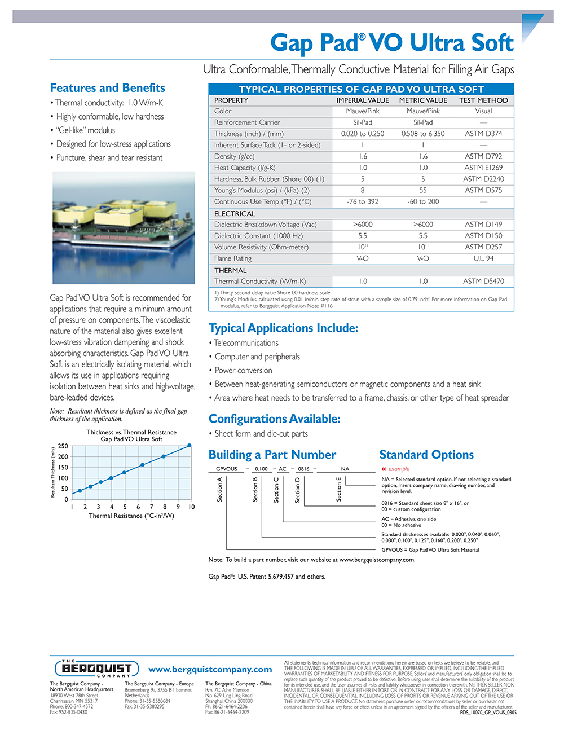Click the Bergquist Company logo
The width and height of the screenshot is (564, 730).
pyautogui.click(x=96, y=669)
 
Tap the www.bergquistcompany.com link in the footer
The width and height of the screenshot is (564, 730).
pyautogui.click(x=210, y=669)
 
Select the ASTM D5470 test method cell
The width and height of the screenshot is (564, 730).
pyautogui.click(x=483, y=281)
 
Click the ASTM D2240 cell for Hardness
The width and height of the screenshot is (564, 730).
pyautogui.click(x=483, y=179)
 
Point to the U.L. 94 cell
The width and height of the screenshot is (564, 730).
pyautogui.click(x=483, y=258)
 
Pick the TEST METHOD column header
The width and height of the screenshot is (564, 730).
pyautogui.click(x=483, y=100)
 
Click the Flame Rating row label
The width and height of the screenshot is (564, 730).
pyautogui.click(x=233, y=258)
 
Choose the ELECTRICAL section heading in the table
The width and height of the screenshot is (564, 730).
pyautogui.click(x=235, y=214)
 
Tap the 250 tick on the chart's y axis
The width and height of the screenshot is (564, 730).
pyautogui.click(x=63, y=446)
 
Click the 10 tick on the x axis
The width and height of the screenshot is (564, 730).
pyautogui.click(x=191, y=507)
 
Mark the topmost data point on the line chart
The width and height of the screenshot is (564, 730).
pyautogui.click(x=190, y=446)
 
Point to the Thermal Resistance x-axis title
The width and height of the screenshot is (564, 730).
pyautogui.click(x=131, y=516)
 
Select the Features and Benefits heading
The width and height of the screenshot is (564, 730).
pyautogui.click(x=107, y=88)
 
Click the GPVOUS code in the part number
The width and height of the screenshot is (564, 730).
pyautogui.click(x=227, y=469)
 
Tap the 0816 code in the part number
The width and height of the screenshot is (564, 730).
pyautogui.click(x=303, y=469)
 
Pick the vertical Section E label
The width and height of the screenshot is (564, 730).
pyautogui.click(x=339, y=489)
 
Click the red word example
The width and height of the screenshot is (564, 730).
pyautogui.click(x=399, y=469)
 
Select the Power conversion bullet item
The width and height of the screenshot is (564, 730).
pyautogui.click(x=243, y=371)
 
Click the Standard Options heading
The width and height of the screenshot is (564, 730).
pyautogui.click(x=426, y=455)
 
